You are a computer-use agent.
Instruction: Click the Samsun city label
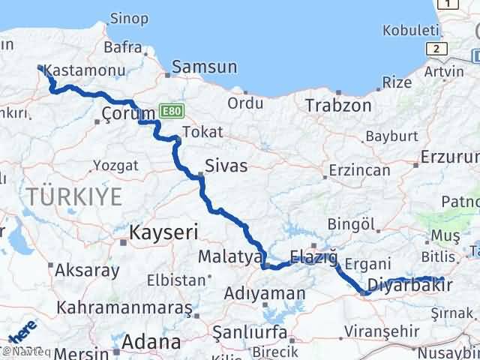click(204, 67)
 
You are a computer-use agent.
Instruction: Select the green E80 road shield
click(171, 111)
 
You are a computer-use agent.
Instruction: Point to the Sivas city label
click(226, 166)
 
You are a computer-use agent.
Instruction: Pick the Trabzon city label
click(337, 106)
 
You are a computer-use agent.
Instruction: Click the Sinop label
click(129, 17)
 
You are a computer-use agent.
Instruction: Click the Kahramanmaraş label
click(124, 307)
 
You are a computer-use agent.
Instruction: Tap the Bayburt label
click(388, 137)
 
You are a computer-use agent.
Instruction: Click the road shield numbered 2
click(434, 48)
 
